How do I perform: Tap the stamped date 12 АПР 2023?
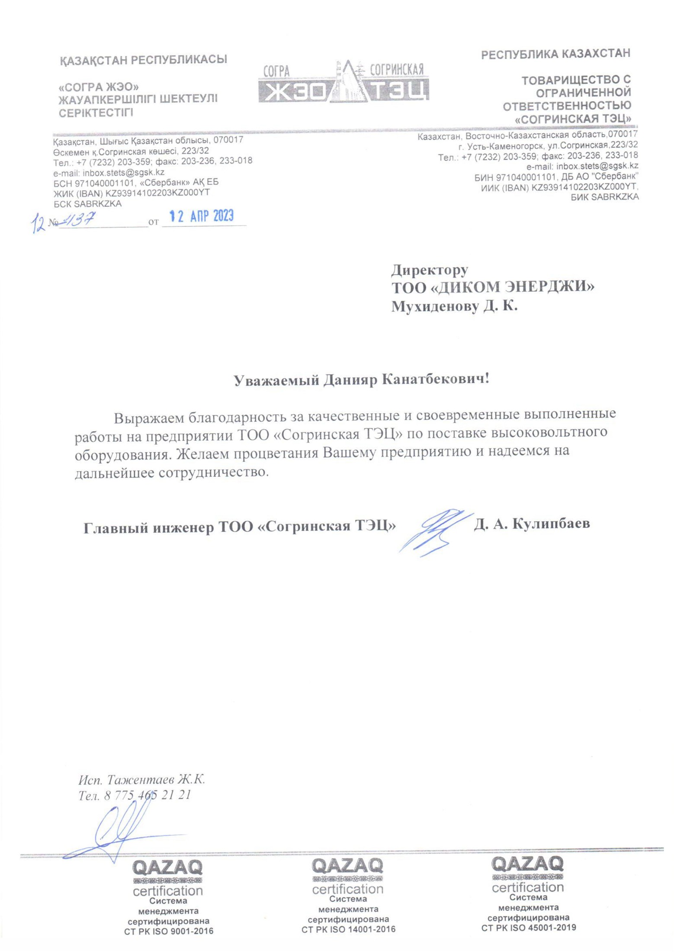coord(201,216)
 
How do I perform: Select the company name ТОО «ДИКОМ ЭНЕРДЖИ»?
coord(492,287)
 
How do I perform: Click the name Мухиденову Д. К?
coord(454,306)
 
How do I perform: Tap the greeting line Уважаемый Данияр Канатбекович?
coord(362,380)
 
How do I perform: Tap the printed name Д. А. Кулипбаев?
coord(531,524)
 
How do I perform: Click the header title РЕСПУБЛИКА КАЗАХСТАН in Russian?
coord(556,54)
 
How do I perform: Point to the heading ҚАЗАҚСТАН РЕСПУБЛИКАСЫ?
coord(143,60)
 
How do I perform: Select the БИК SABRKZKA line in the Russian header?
coord(604,197)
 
